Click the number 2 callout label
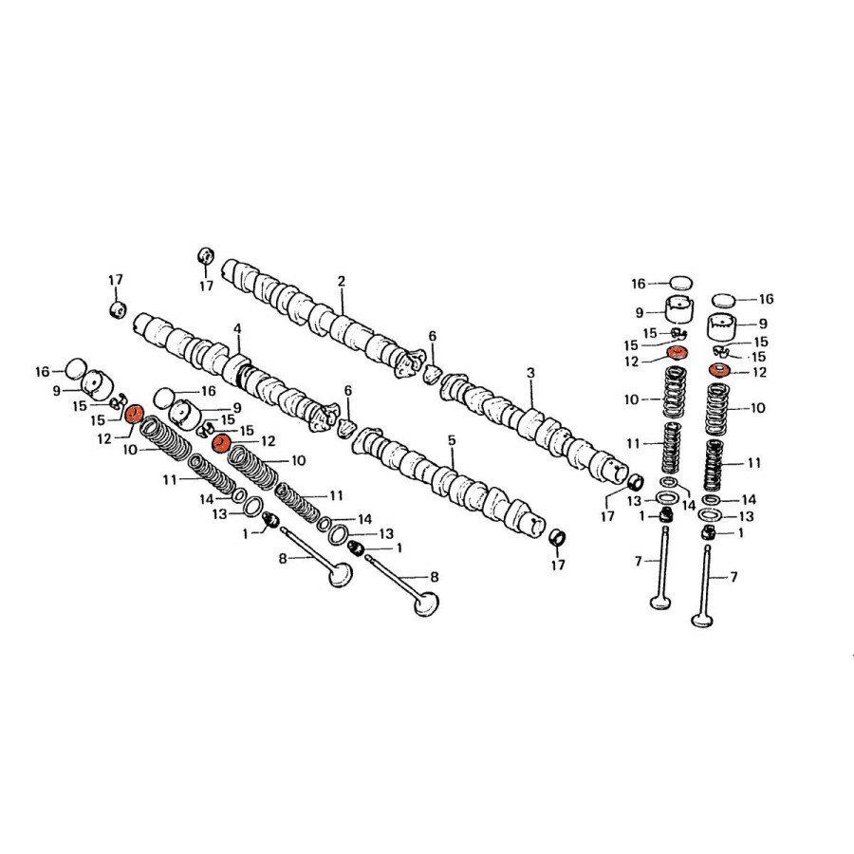[342, 281]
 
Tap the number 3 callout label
[530, 373]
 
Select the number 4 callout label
[237, 329]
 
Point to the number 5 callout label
[452, 439]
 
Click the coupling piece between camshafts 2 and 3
[433, 374]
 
